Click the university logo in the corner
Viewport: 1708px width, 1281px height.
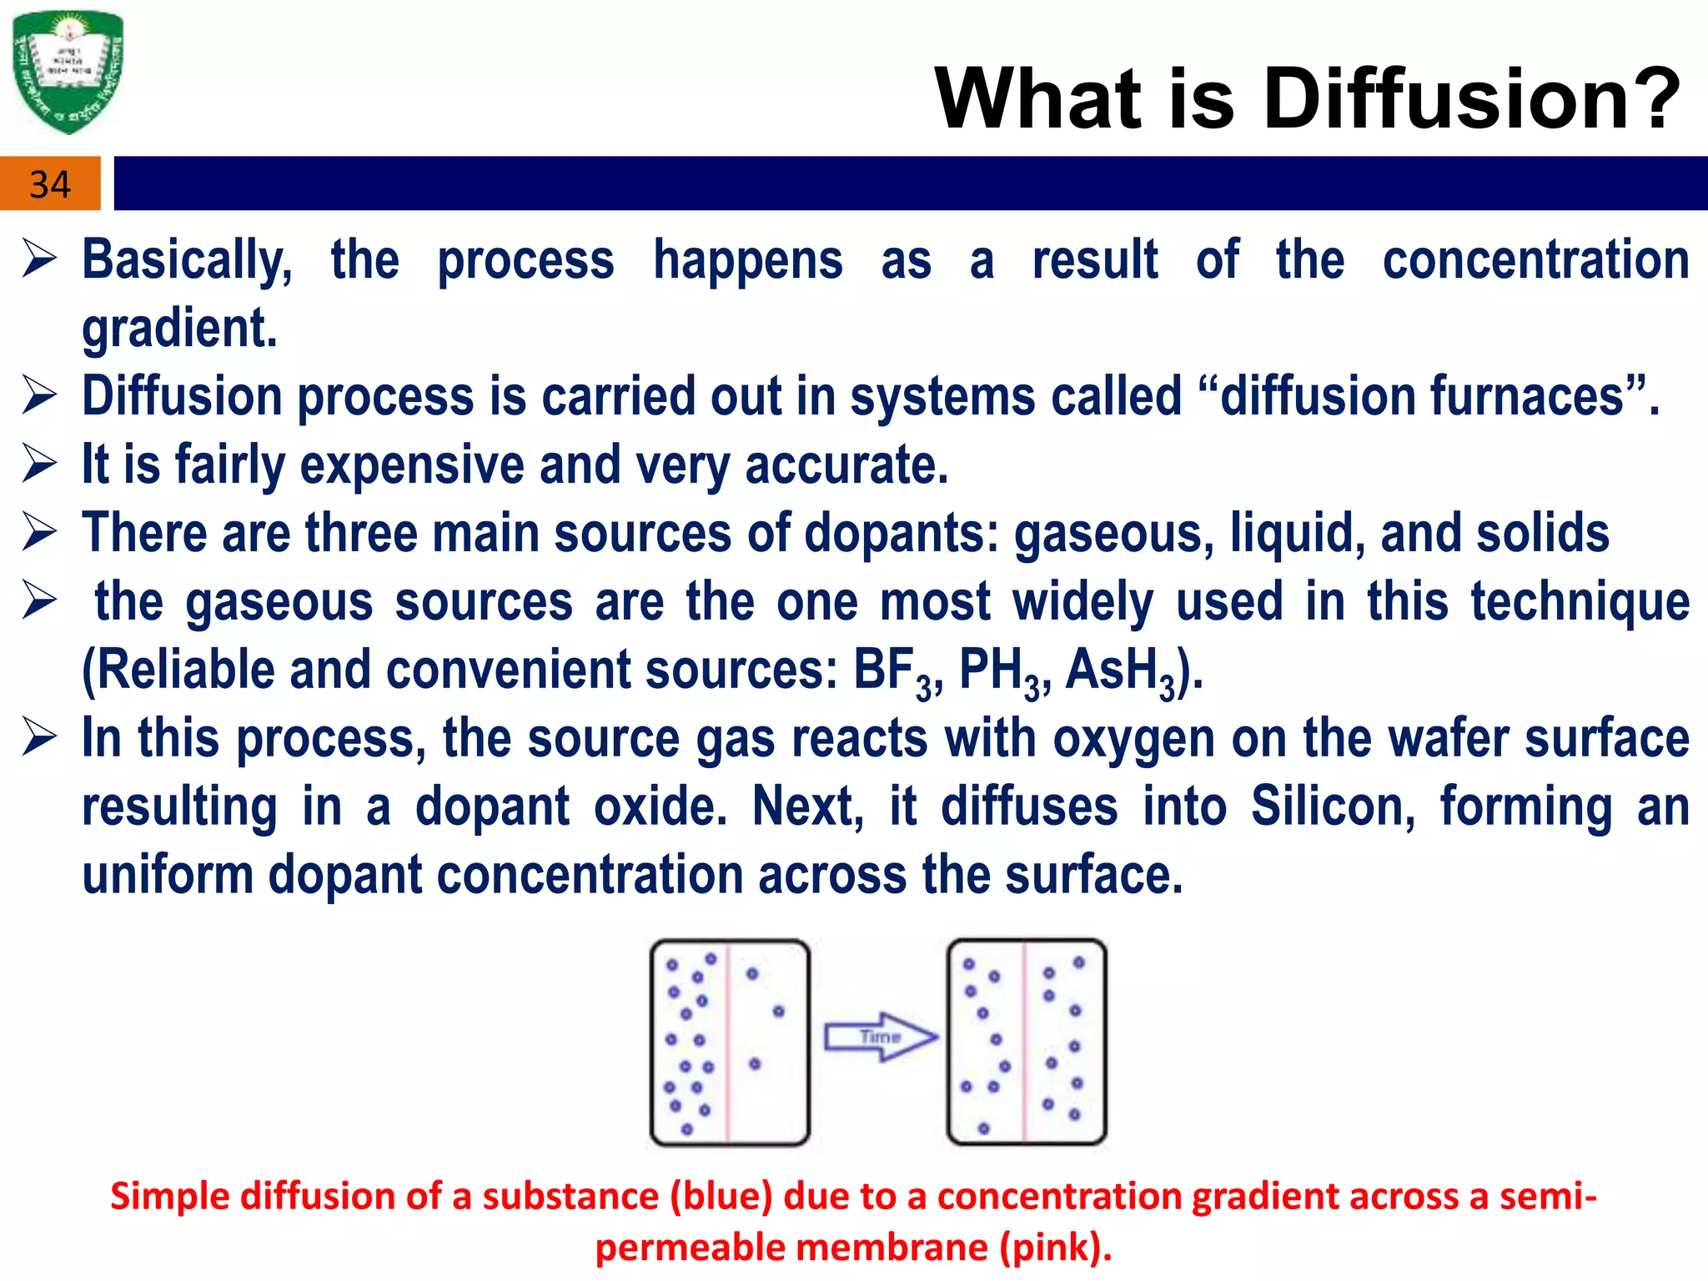pos(68,72)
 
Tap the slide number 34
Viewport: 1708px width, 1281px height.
pos(50,184)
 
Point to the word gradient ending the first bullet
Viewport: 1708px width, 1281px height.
pos(179,328)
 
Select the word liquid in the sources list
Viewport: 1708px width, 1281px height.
pos(1296,533)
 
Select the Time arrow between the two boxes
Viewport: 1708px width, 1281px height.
pos(881,1037)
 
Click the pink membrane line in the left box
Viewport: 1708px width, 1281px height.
pos(728,1042)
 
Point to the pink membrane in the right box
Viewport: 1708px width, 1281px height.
pos(1025,1042)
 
